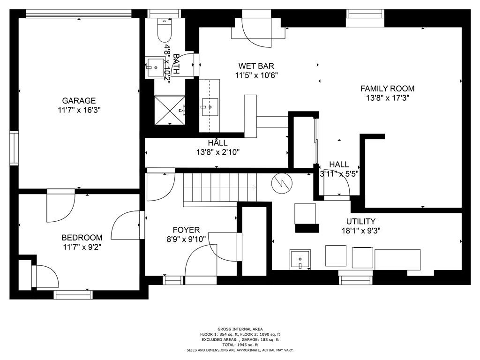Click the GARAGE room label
click(79, 101)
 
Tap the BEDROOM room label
click(82, 238)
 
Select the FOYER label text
click(186, 230)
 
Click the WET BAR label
click(256, 66)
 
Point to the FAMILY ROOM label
click(388, 89)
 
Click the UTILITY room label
click(361, 221)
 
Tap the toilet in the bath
click(165, 30)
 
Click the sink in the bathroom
click(155, 67)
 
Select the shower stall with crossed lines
click(170, 110)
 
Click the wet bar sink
click(210, 107)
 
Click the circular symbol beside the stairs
click(282, 183)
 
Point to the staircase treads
click(220, 187)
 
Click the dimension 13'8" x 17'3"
click(388, 98)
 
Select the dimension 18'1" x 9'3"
click(361, 231)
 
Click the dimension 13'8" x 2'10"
click(218, 152)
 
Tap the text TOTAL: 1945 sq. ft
click(240, 345)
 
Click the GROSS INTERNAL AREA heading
click(240, 329)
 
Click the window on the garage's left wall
click(14, 148)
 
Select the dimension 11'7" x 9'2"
click(82, 247)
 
